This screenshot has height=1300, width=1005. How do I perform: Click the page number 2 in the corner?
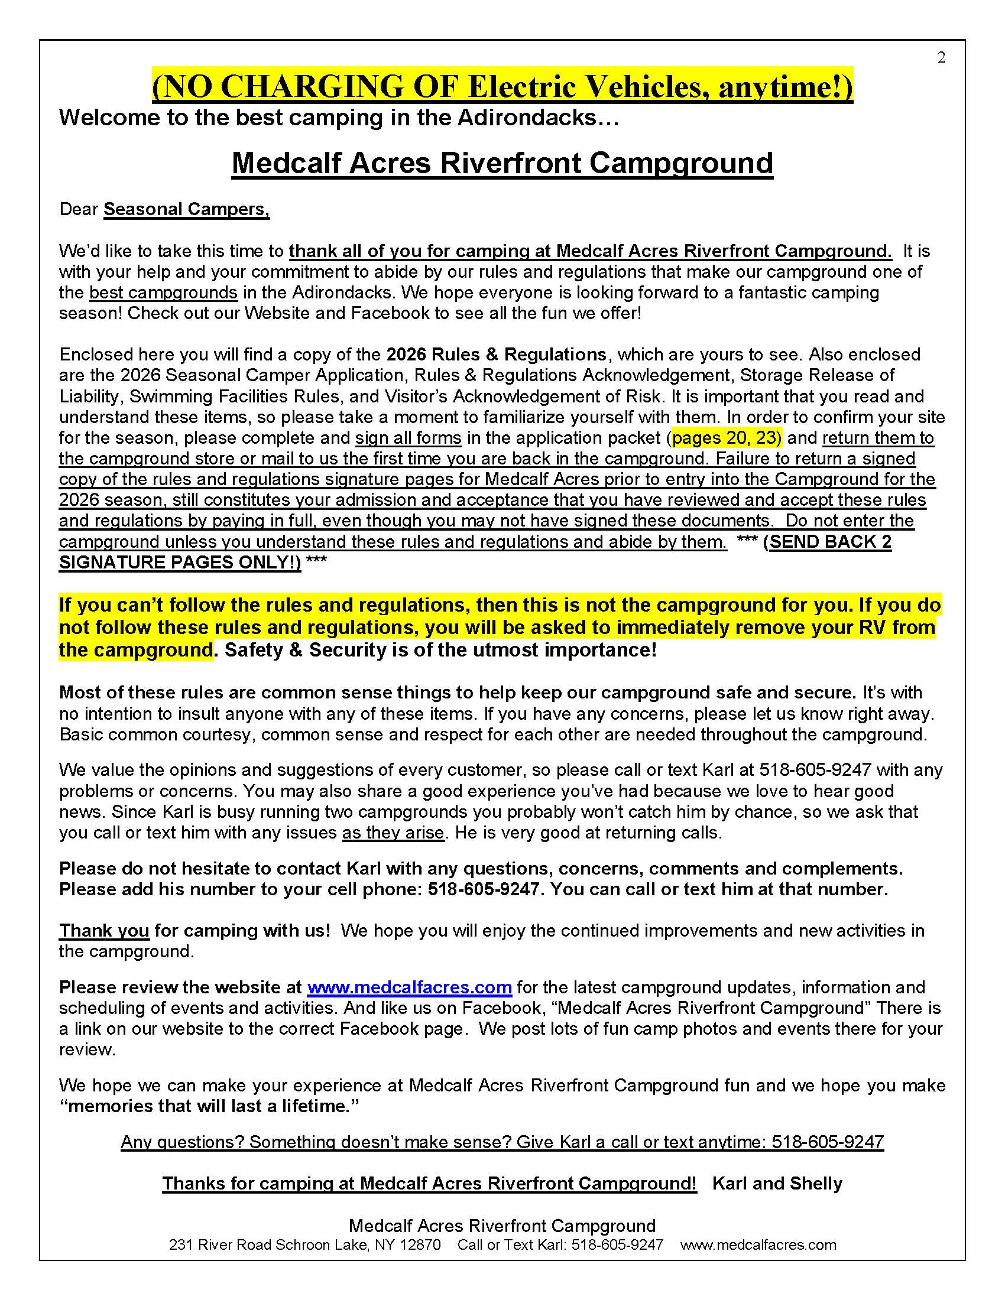pos(941,58)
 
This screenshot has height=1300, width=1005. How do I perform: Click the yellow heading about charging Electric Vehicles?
pos(502,87)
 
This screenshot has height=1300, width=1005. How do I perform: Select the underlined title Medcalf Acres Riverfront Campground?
pos(502,162)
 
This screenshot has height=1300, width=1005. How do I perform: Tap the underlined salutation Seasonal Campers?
pos(186,210)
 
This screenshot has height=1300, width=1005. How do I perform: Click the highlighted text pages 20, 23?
pos(726,438)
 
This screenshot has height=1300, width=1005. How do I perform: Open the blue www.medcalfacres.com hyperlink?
pos(409,987)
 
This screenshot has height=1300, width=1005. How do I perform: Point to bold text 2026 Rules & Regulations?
pos(496,355)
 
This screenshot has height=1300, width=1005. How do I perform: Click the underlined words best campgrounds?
pos(163,293)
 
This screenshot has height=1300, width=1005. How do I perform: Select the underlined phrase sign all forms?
pos(409,438)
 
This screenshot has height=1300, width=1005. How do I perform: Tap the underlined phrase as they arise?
pos(393,833)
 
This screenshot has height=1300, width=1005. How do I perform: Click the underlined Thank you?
pos(103,931)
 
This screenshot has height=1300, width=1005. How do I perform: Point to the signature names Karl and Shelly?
pos(777,1184)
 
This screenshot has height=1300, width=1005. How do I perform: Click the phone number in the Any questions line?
pos(828,1142)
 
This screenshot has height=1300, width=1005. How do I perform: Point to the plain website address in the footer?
pos(758,1244)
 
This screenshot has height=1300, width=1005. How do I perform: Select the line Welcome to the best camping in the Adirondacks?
pos(339,118)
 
